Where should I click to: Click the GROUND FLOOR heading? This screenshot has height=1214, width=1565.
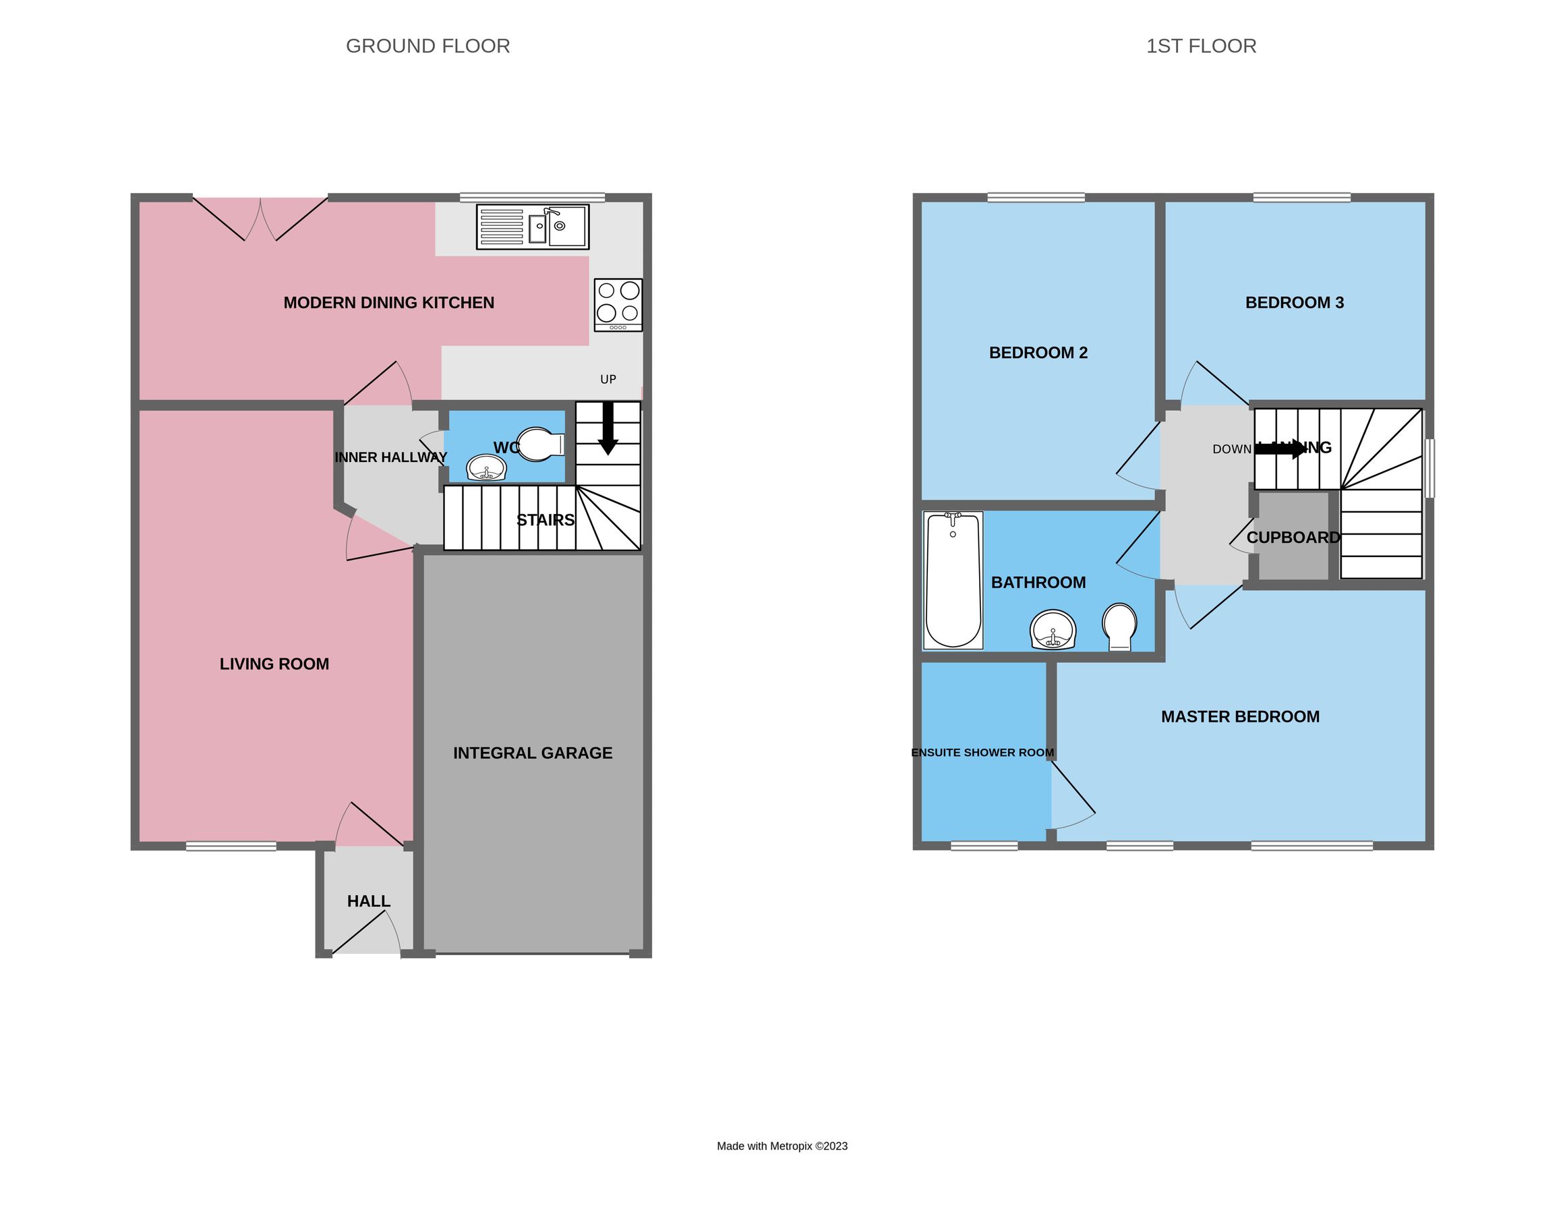[427, 46]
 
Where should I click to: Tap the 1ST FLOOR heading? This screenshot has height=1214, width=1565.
[1201, 46]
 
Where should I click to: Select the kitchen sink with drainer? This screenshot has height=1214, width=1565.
[533, 227]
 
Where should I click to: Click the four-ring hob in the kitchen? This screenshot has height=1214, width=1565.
[618, 305]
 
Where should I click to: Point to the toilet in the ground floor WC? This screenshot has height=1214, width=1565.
[539, 444]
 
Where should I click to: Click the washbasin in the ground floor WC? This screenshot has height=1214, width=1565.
[487, 469]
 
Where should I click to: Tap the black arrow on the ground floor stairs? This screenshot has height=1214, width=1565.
[608, 428]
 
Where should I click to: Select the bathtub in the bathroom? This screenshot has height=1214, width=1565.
[952, 581]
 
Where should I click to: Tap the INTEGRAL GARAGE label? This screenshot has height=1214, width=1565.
[533, 753]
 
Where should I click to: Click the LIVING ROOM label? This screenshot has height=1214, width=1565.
[274, 664]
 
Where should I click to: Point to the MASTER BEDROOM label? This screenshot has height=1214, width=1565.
[1240, 716]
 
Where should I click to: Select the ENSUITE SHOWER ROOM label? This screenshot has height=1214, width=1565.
[982, 753]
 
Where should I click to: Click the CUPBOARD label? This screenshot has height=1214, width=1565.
[1293, 538]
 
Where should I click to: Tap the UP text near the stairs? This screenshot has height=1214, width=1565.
[608, 379]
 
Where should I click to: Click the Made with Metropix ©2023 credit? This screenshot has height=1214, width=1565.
[781, 1146]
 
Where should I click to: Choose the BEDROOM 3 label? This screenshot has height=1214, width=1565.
[1294, 302]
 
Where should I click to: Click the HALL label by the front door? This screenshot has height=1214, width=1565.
[368, 901]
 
